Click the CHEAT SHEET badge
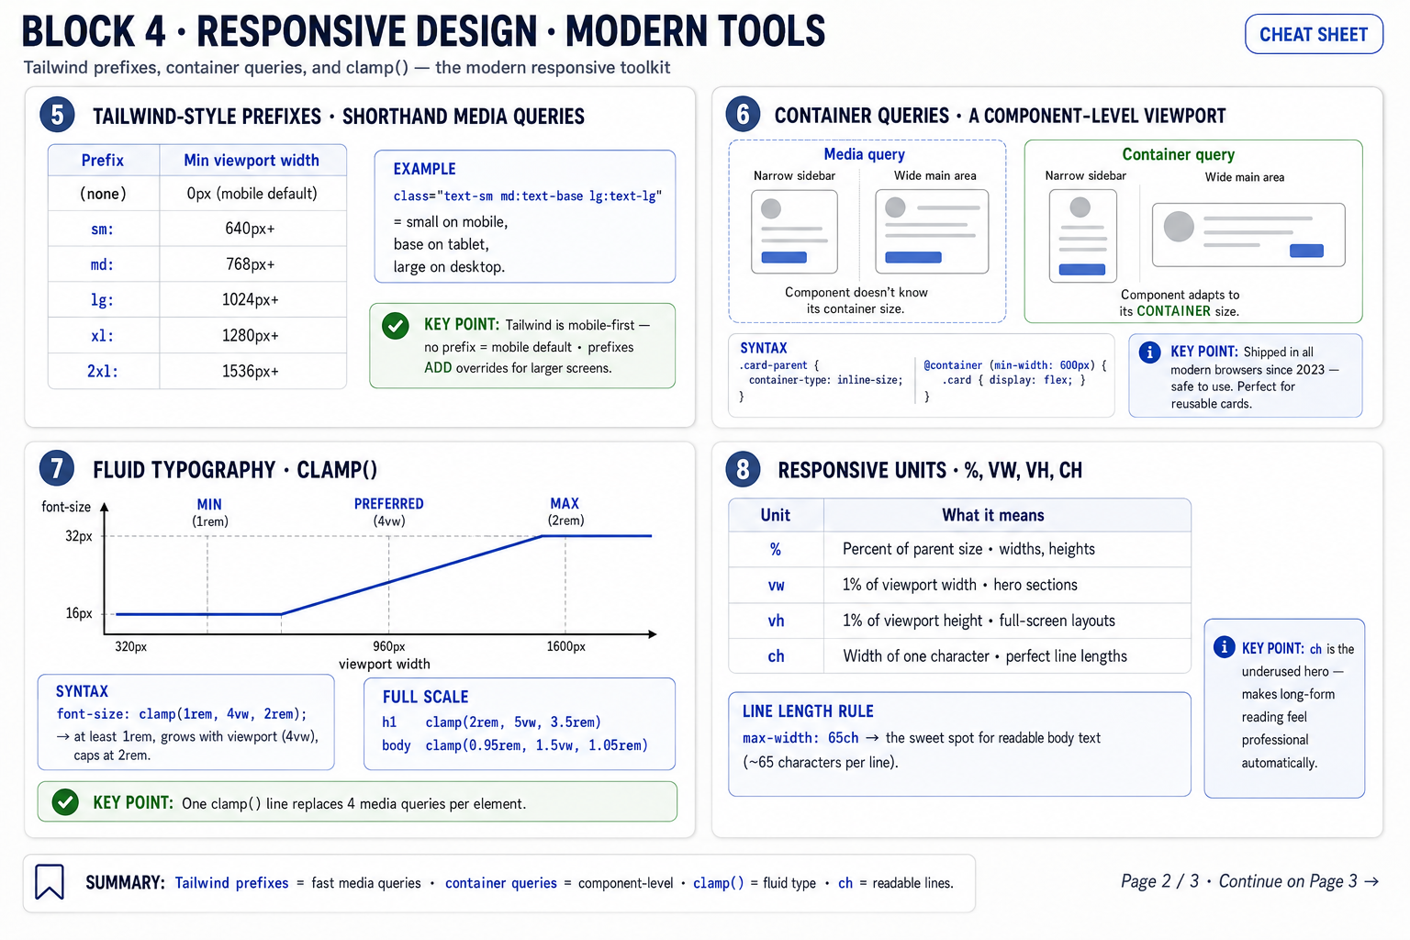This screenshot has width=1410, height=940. click(x=1313, y=34)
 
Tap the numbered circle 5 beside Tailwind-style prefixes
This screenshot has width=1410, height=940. click(x=57, y=115)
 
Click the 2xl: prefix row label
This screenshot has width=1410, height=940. click(x=102, y=371)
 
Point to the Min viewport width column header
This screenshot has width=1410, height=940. click(x=252, y=160)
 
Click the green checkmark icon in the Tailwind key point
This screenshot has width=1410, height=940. click(x=396, y=326)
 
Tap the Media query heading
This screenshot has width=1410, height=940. click(x=864, y=154)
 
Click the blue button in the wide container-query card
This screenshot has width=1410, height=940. click(x=1306, y=251)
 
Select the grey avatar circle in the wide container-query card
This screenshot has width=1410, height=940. click(x=1179, y=227)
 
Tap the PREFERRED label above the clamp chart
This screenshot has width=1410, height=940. click(x=388, y=504)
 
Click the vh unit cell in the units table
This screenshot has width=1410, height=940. click(x=776, y=621)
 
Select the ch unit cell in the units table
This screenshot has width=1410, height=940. click(x=776, y=656)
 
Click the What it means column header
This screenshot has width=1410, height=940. click(x=992, y=515)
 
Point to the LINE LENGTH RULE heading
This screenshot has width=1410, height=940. click(x=808, y=711)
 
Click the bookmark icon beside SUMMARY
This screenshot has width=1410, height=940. click(x=49, y=881)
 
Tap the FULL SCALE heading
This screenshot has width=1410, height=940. click(x=426, y=697)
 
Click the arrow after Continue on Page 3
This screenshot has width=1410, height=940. click(x=1371, y=881)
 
